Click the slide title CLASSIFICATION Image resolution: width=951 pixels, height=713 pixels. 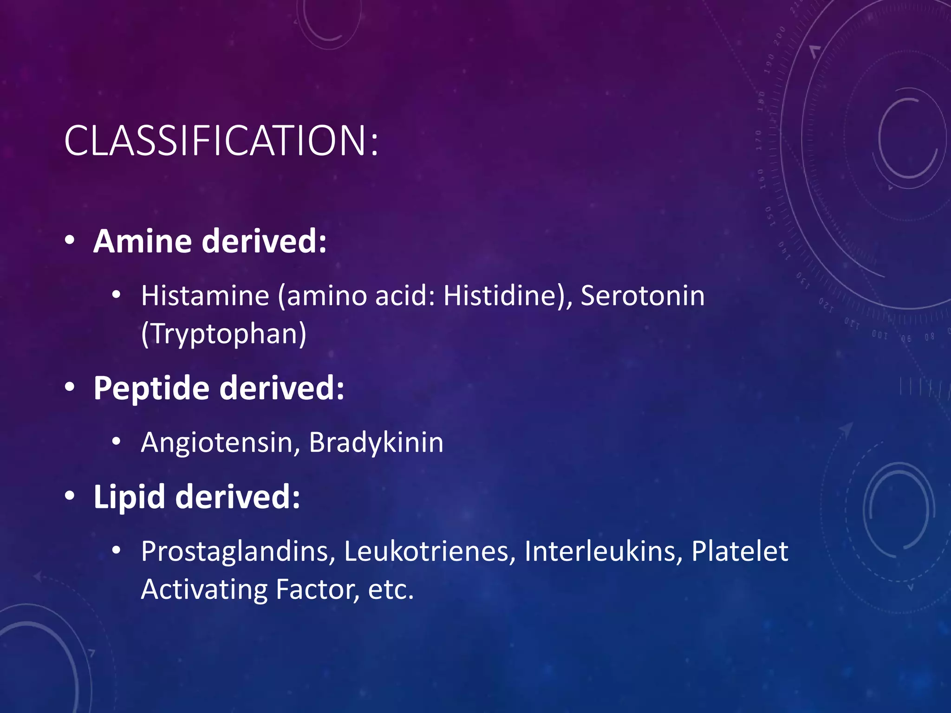coord(221,140)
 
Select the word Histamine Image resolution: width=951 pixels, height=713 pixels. coord(205,296)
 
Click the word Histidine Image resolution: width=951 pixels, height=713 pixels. coord(499,296)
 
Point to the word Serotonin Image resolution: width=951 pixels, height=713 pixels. coord(642,296)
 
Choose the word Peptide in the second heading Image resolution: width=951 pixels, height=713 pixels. coord(151,388)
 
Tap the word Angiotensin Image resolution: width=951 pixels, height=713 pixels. coord(216,442)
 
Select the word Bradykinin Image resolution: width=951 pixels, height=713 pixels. coord(376,442)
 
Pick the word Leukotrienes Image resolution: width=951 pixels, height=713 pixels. coord(426,552)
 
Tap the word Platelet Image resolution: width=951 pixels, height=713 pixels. coord(739,552)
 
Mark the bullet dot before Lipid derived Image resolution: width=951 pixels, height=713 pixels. coord(70,496)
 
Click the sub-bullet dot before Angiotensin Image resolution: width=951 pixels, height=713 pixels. coord(116,441)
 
